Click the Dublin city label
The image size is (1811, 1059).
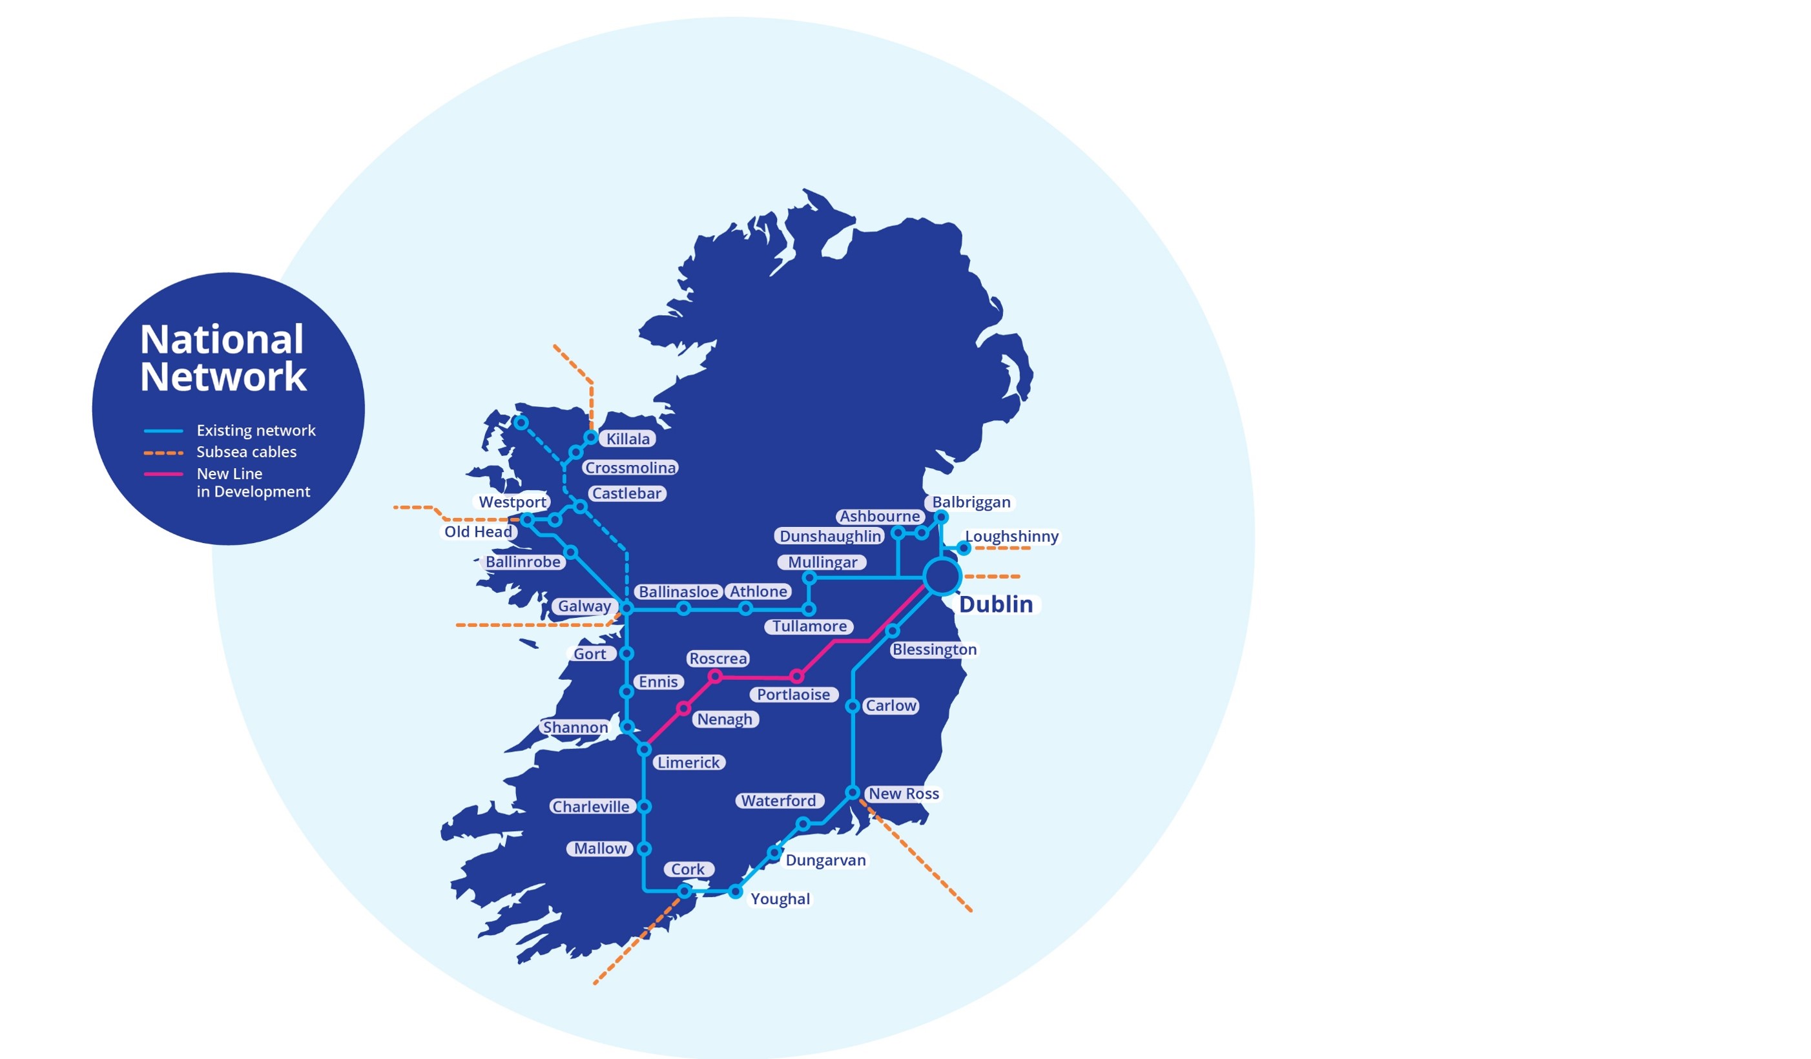click(x=995, y=604)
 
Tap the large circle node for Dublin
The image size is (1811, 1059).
click(x=942, y=576)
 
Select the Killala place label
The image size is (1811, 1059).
click(x=627, y=439)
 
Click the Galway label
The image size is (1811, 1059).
click(x=585, y=606)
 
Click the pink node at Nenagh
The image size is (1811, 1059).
click(x=683, y=709)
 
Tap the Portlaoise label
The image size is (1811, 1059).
click(x=793, y=695)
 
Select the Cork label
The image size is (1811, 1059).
click(x=688, y=869)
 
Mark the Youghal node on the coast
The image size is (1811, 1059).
click(x=735, y=892)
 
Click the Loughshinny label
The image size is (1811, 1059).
click(x=1011, y=537)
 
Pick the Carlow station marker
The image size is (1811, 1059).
click(x=853, y=706)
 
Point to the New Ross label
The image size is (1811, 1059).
click(x=904, y=794)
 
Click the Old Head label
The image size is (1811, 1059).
click(x=478, y=532)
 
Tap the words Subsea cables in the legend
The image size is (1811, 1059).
click(x=247, y=452)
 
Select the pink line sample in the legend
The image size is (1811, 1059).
click(x=163, y=474)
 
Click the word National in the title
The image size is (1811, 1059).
click(x=222, y=340)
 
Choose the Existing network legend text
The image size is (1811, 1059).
click(x=256, y=430)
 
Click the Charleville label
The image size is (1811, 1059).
click(x=591, y=807)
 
